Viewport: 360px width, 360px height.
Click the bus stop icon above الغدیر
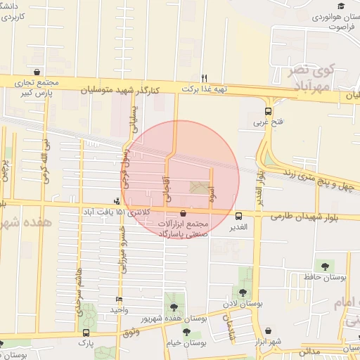(x=239, y=216)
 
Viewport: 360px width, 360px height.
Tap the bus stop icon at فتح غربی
(x=268, y=111)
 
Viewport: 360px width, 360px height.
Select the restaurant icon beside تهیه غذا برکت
(x=204, y=78)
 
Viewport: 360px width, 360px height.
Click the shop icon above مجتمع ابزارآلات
(x=184, y=214)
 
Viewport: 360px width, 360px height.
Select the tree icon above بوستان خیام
(x=186, y=331)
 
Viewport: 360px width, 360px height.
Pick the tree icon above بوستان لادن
(x=243, y=292)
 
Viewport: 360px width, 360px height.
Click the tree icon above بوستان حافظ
(x=324, y=265)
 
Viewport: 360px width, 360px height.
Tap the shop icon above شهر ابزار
(x=268, y=330)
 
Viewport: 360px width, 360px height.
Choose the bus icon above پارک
(x=86, y=333)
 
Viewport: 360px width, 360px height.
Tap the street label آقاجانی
(x=167, y=188)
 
